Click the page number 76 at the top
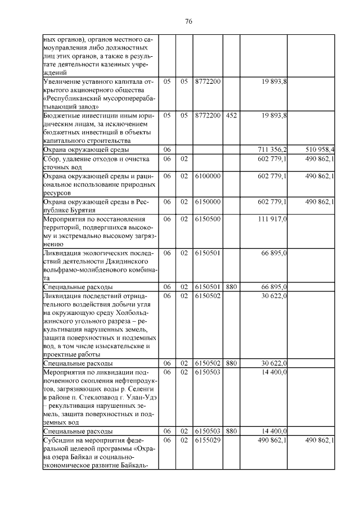point(189,21)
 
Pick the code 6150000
point(208,201)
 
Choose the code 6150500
point(208,219)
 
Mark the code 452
point(231,115)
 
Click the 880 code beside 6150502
point(231,363)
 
